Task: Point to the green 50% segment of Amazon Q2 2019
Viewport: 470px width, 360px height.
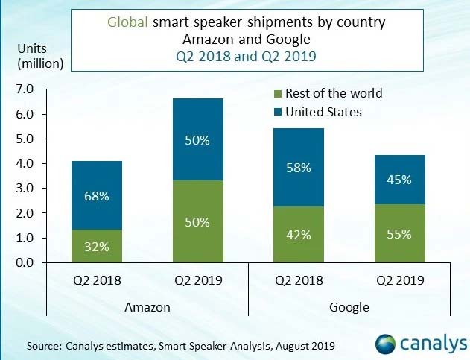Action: coord(197,221)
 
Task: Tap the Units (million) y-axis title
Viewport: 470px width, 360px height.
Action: coord(37,55)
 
